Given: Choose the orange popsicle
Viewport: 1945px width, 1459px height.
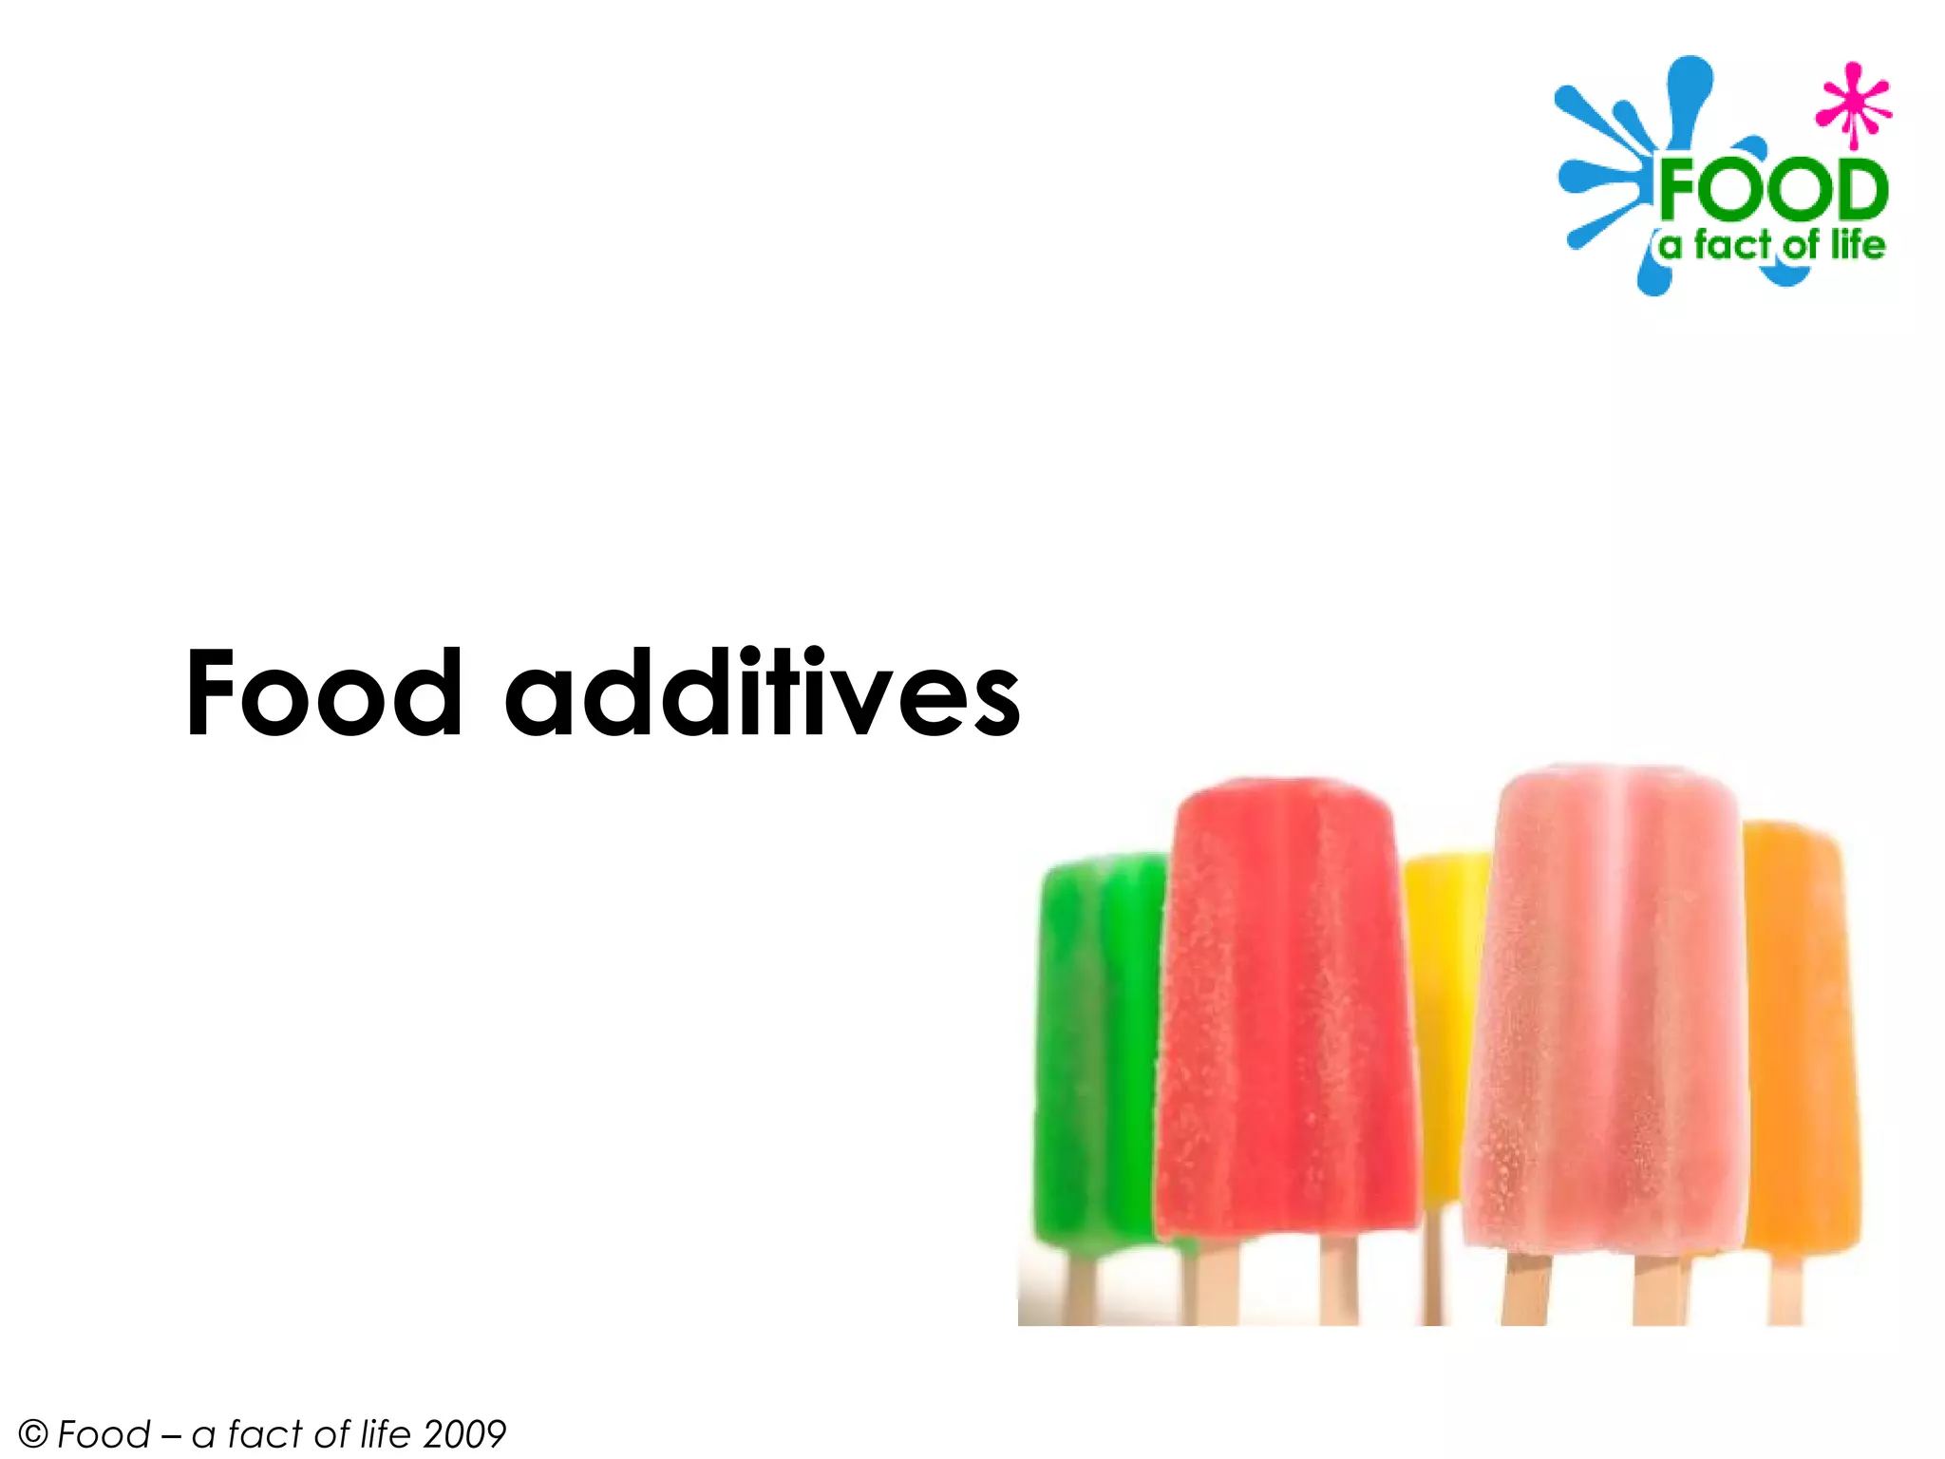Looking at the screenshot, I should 1800,1035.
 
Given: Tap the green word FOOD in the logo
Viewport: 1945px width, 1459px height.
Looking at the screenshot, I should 1772,190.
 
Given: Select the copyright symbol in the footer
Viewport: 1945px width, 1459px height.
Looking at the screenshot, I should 32,1433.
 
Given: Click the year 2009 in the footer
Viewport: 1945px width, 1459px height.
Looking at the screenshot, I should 464,1433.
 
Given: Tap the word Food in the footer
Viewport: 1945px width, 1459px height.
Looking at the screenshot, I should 104,1433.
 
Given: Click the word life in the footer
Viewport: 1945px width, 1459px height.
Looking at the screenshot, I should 386,1433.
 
